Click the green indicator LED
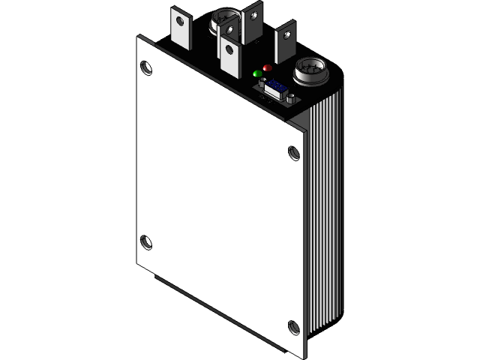click(258, 73)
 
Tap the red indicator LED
click(268, 68)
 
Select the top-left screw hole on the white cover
click(146, 68)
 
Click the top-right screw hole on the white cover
click(294, 153)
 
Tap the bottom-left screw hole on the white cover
click(146, 242)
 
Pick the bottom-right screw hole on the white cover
click(293, 326)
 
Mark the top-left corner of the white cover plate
click(139, 37)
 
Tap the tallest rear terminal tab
click(253, 22)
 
